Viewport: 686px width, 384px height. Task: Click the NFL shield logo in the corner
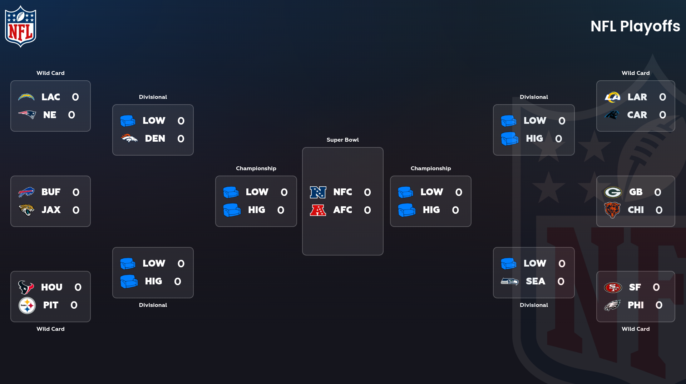20,26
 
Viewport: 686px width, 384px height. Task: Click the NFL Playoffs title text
635,26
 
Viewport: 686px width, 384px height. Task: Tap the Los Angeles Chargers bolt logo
26,97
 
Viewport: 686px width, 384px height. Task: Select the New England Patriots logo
27,115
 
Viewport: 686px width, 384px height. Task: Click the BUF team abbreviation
51,192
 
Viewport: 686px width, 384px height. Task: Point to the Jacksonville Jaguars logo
26,210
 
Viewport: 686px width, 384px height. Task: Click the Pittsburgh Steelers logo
27,305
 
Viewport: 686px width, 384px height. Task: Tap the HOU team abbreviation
51,287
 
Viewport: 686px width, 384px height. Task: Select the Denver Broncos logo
129,138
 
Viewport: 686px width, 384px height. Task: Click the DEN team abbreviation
155,138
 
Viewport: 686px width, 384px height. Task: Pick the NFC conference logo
318,192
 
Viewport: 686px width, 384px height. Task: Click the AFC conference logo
318,210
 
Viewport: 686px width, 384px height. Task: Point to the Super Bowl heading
342,140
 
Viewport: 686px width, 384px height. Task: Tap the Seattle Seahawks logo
509,282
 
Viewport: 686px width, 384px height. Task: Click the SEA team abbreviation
535,282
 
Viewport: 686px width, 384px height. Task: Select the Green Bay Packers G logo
613,192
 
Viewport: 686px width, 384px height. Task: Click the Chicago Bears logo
612,210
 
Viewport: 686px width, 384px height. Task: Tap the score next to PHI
659,305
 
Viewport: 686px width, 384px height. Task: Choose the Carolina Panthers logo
612,115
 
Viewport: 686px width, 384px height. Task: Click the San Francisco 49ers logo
613,287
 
